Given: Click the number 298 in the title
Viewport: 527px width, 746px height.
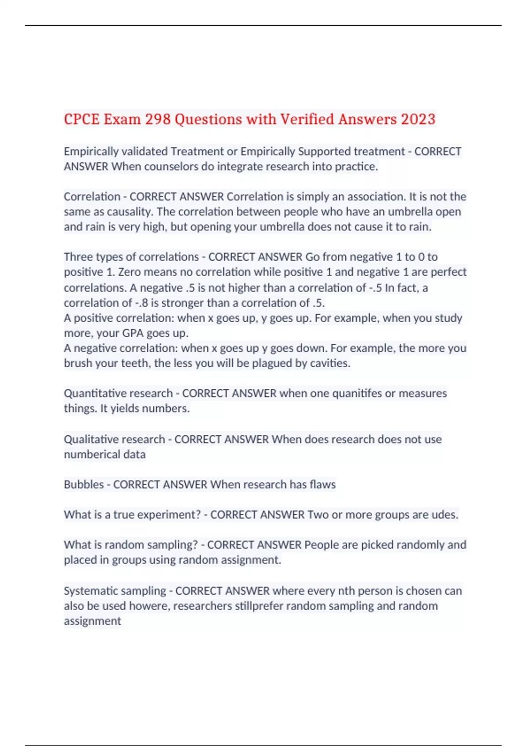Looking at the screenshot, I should pos(158,119).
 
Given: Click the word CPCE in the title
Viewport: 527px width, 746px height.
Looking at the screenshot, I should pos(82,119).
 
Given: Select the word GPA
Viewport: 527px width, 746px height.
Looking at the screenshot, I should pos(133,333).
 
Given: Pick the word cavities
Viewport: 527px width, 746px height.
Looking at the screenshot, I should pos(330,363).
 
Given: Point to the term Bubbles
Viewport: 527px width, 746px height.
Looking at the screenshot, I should pos(84,484).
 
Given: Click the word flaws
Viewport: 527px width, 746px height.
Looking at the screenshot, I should pos(322,484).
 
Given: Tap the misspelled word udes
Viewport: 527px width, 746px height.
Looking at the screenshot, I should pos(445,515).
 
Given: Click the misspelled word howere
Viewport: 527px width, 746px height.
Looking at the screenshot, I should pos(149,606).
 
